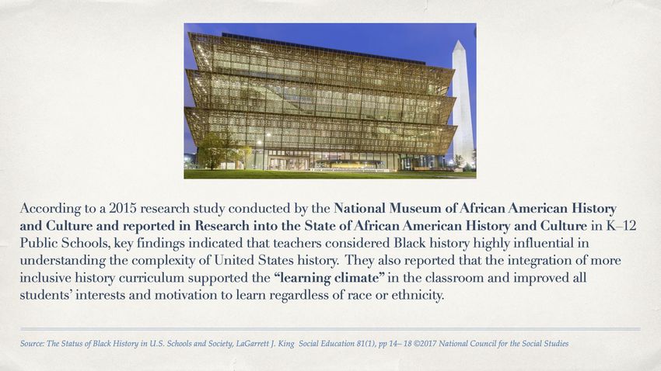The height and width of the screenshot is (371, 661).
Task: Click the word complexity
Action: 161,261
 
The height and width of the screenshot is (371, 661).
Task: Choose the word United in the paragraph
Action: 233,260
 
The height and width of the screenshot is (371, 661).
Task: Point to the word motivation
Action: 187,295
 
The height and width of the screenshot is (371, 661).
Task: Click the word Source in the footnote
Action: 32,344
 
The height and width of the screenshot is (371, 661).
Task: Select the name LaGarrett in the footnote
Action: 253,344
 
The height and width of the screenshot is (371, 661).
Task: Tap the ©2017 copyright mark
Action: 425,344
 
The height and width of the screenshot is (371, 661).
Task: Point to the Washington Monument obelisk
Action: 463,104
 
